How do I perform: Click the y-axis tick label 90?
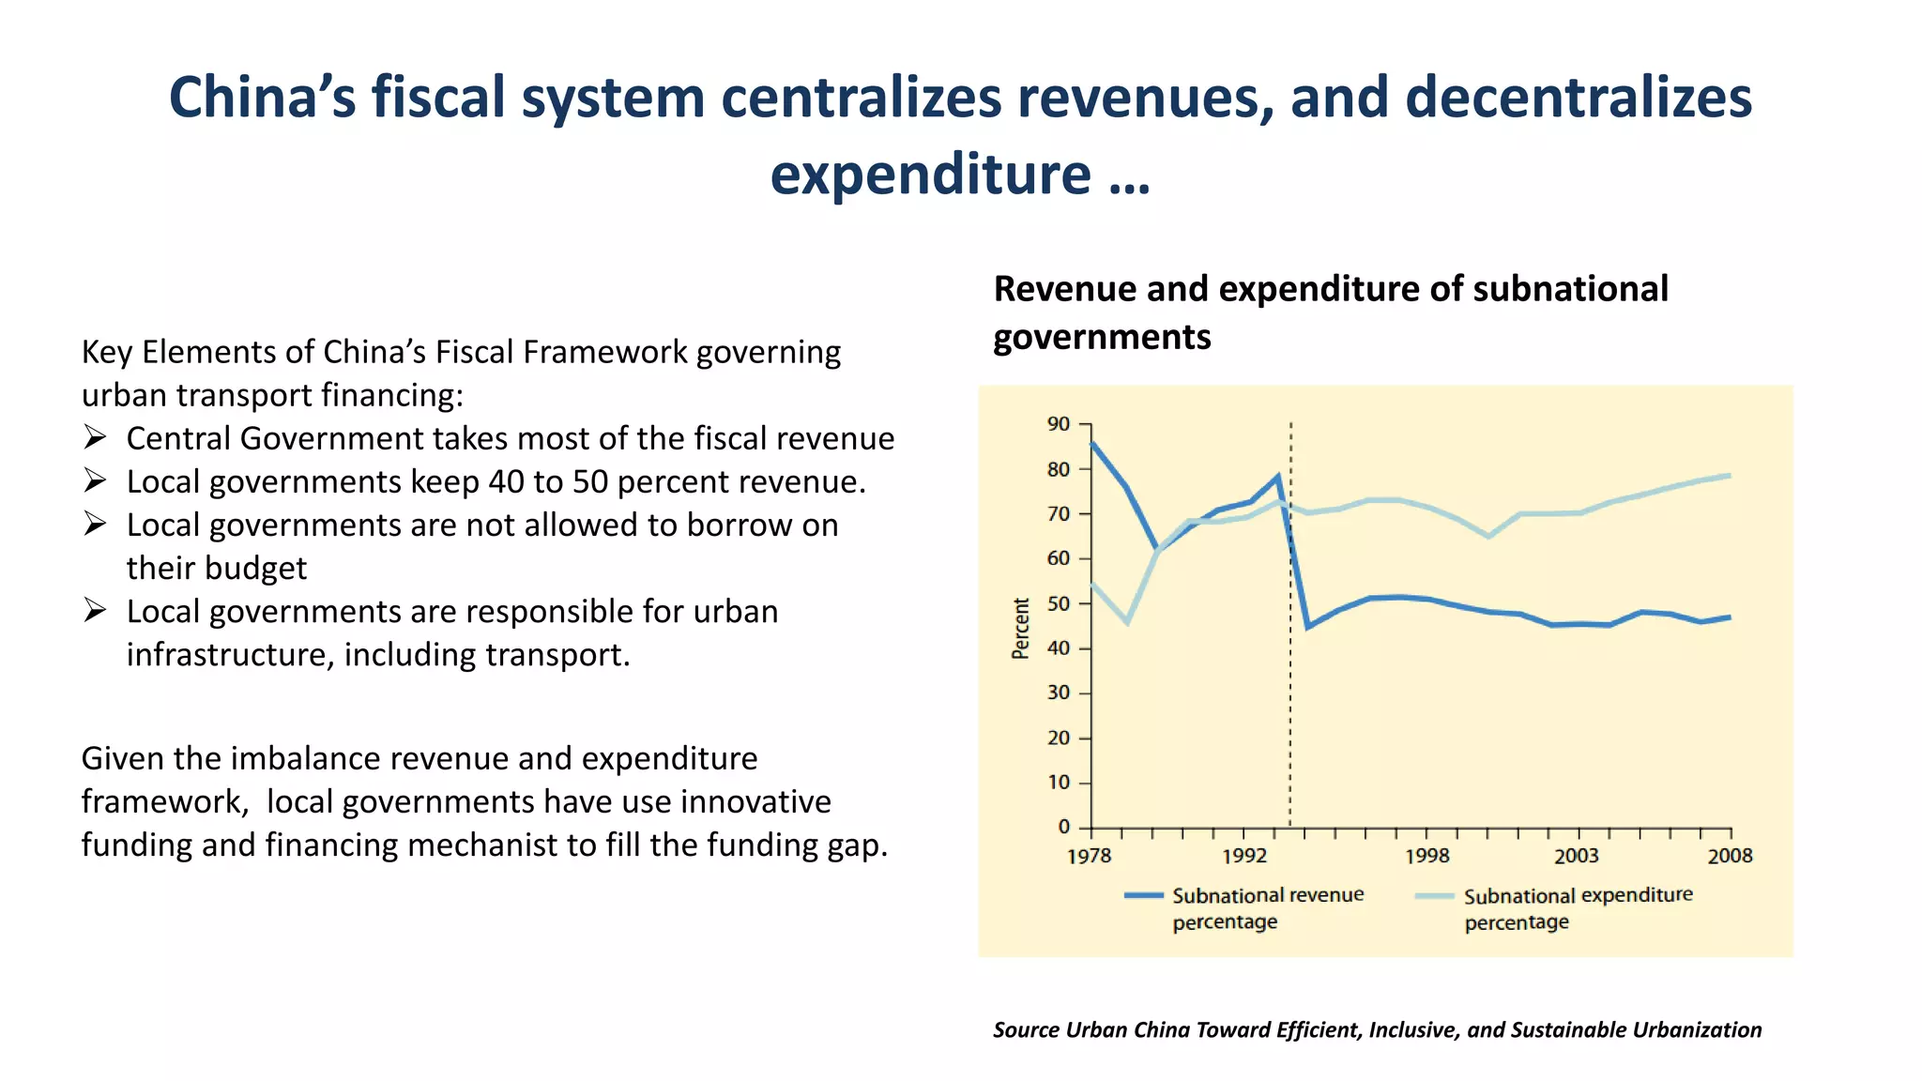point(1058,424)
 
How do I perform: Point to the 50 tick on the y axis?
point(1058,603)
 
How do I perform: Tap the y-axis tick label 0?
point(1063,827)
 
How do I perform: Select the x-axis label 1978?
point(1089,856)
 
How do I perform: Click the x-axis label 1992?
point(1243,856)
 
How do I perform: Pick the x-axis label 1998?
point(1426,856)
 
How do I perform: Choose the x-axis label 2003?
point(1576,856)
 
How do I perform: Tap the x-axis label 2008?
point(1730,856)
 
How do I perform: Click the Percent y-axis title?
point(1020,628)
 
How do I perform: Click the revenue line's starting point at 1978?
point(1092,444)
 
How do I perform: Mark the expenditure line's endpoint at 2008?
point(1729,476)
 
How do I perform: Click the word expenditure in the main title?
point(930,175)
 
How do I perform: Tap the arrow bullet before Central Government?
point(95,437)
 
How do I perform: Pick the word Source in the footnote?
point(1026,1029)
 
